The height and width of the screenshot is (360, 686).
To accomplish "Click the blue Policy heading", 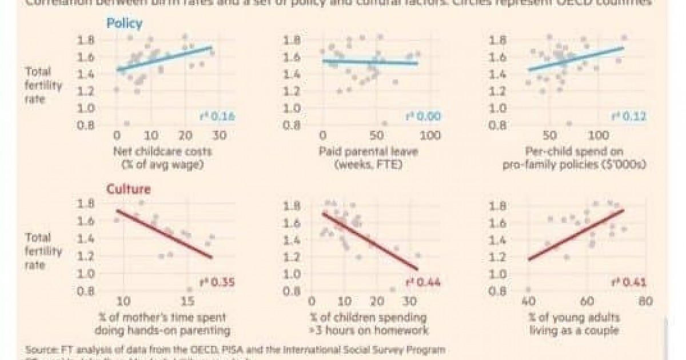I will point(124,24).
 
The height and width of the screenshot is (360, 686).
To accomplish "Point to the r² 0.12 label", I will point(629,117).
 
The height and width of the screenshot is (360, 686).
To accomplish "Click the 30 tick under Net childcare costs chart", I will point(220,136).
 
